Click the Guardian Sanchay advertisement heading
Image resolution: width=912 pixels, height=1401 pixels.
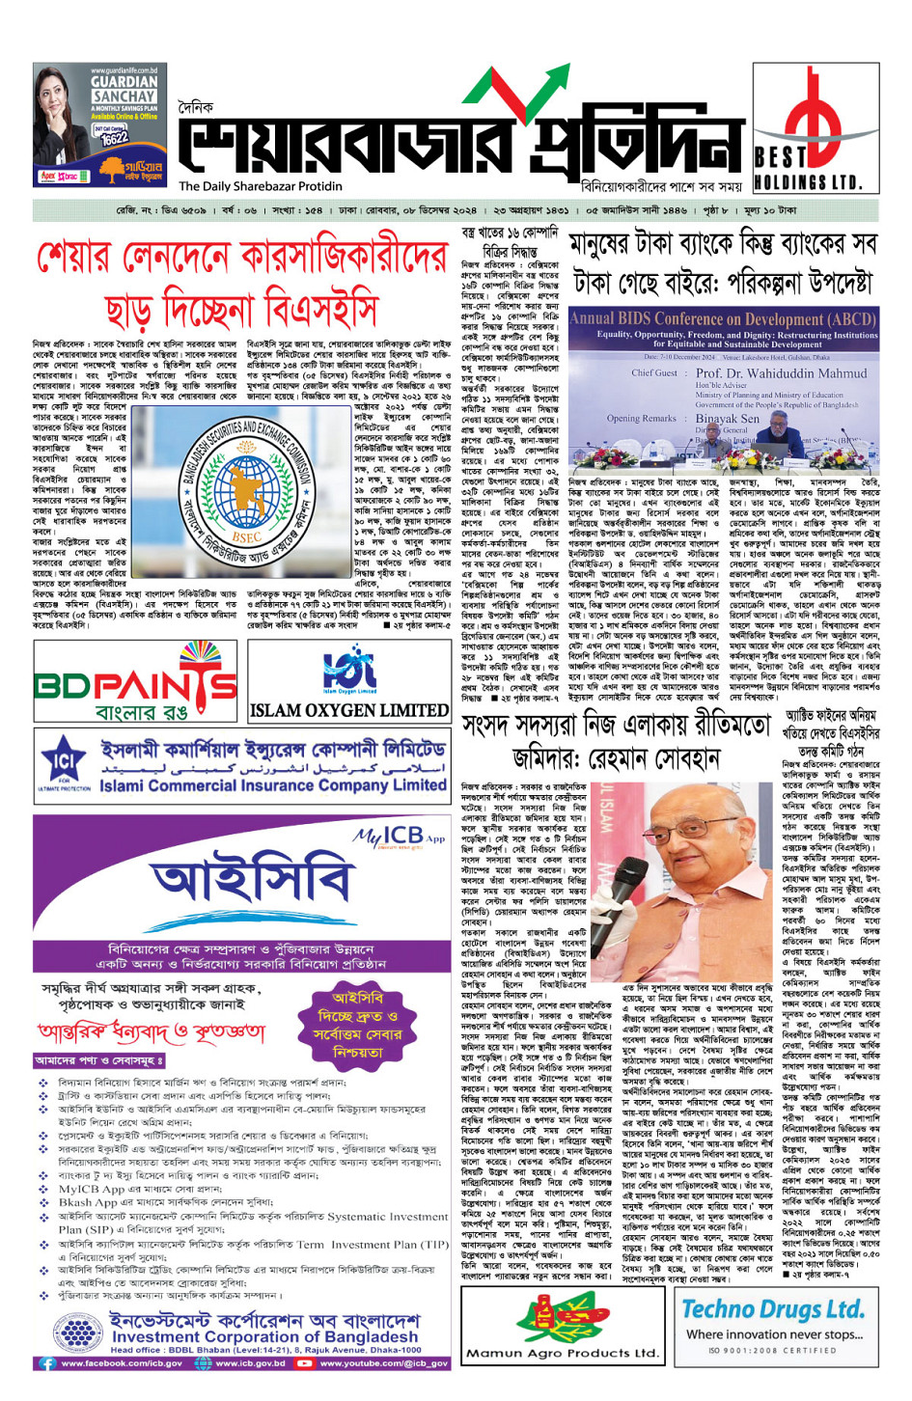point(124,90)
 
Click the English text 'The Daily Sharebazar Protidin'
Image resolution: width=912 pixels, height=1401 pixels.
point(261,186)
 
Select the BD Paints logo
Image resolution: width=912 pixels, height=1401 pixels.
point(134,682)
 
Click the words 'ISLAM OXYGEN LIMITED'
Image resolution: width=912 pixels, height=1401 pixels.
point(336,710)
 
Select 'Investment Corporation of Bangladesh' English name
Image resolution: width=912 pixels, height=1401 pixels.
point(264,1337)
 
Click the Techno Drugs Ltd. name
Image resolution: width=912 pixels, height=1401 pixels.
point(772,1308)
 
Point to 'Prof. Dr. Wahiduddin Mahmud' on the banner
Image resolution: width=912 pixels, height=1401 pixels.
point(781,372)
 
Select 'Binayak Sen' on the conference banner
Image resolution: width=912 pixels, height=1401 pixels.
point(728,419)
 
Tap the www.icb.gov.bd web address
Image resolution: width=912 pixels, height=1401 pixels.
point(250,1363)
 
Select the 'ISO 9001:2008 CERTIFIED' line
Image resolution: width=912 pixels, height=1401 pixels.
point(772,1350)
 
